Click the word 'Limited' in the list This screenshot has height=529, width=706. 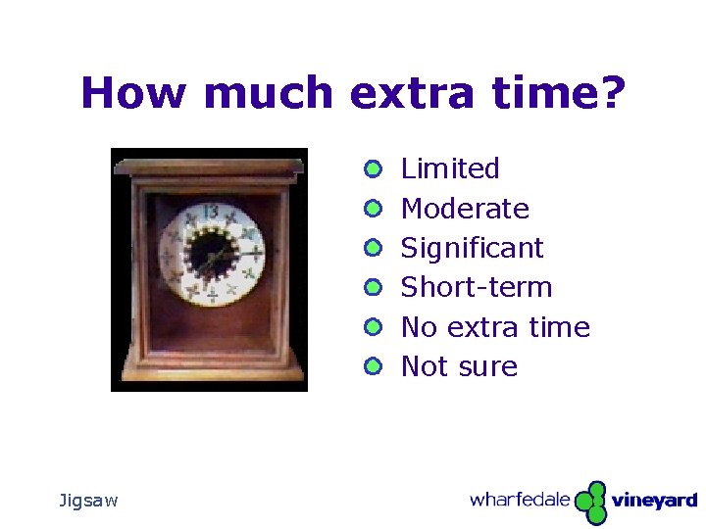[450, 169]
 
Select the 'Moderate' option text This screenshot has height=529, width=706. [465, 209]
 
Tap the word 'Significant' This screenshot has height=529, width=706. [472, 248]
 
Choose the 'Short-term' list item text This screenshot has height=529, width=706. [477, 287]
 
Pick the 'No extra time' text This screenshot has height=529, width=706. [495, 327]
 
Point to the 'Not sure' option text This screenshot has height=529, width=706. [459, 366]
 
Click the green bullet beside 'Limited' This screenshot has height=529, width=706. [372, 169]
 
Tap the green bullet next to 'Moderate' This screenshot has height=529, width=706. [372, 209]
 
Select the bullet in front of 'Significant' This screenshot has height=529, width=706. [372, 248]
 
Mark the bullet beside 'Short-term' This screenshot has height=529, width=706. [372, 287]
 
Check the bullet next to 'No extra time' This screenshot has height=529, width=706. [372, 327]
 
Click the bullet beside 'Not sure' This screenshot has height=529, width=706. [372, 366]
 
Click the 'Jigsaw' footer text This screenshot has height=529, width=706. [88, 501]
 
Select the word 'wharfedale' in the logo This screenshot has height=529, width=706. [520, 501]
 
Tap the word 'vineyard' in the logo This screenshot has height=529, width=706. [654, 502]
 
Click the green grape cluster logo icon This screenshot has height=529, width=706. [590, 503]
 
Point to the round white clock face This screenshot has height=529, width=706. [213, 254]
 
